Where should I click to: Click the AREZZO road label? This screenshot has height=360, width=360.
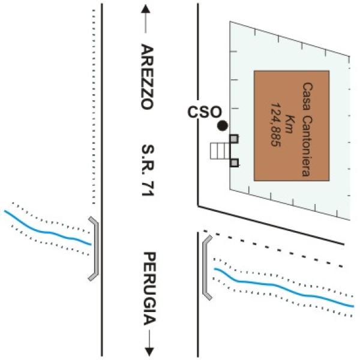pos(147,77)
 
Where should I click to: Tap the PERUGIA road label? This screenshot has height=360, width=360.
pos(149,289)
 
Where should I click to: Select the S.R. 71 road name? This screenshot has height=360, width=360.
pos(148,170)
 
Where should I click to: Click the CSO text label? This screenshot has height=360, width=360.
pos(205,112)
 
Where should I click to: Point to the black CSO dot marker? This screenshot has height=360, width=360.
pos(223,126)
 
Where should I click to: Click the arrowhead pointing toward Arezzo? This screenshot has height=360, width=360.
pos(146,10)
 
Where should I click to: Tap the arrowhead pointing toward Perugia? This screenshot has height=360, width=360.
pos(149,351)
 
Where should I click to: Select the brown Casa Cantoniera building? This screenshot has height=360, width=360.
pos(292,126)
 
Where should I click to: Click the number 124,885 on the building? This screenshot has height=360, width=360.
pos(276,124)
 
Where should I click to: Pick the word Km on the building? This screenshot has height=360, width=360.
pos(289,124)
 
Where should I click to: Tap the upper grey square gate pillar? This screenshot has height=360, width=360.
pos(234,139)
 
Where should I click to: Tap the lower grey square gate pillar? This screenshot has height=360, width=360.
pos(234,163)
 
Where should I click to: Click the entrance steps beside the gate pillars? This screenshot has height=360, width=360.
pos(220,151)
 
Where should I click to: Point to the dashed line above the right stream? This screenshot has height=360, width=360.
pos(273,249)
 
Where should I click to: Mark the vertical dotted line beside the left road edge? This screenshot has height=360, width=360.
pos(94,107)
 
